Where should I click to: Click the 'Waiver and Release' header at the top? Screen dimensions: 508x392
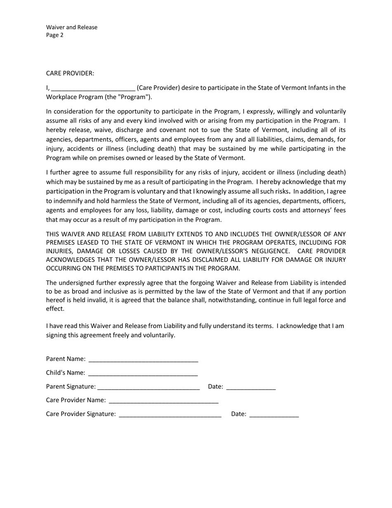point(72,27)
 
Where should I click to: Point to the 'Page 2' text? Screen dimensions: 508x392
point(55,35)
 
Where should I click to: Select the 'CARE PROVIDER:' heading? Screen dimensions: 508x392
point(70,73)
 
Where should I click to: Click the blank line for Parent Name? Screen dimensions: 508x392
point(143,359)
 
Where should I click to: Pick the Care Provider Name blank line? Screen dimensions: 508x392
point(163,401)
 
